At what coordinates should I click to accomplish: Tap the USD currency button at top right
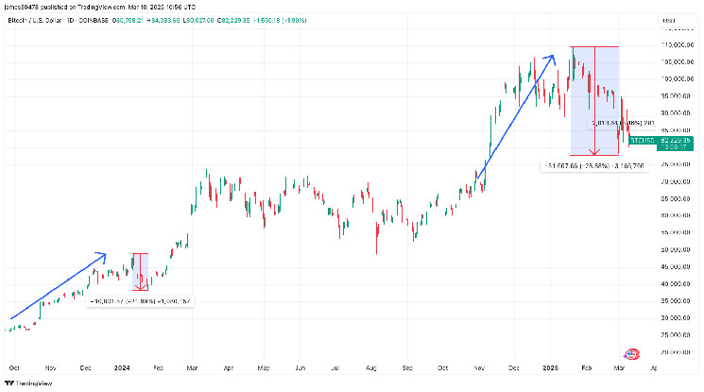(x=669, y=21)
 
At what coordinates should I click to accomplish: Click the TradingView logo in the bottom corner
(x=27, y=383)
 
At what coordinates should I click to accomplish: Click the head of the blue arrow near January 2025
(x=552, y=56)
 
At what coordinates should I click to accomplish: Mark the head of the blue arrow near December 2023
(x=106, y=254)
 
